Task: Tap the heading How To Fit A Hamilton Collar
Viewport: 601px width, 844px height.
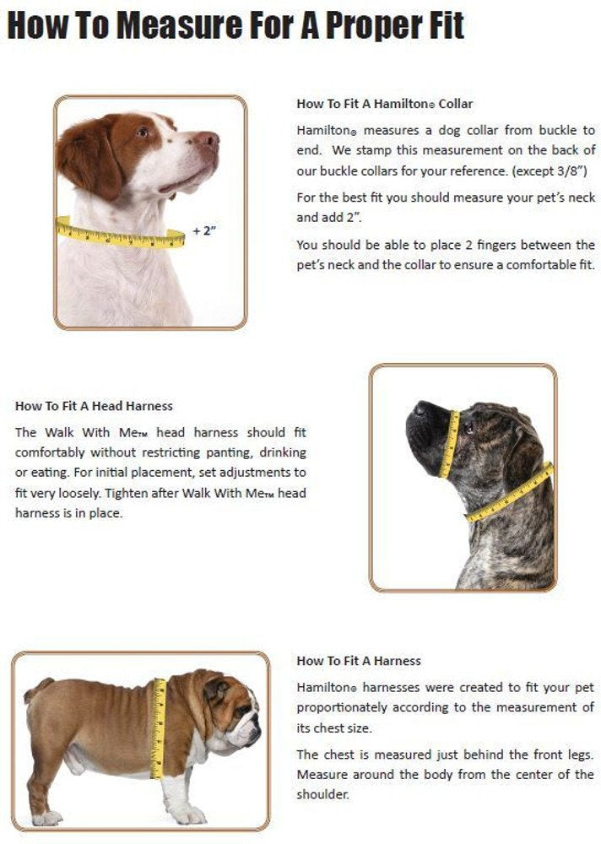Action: (384, 104)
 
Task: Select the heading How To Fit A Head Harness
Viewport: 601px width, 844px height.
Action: (94, 406)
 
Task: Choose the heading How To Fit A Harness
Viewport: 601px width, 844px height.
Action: (359, 661)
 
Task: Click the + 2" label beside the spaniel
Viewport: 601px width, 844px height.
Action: (206, 230)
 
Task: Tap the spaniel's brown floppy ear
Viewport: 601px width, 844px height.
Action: (89, 156)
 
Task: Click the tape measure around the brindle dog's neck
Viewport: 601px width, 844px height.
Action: (510, 494)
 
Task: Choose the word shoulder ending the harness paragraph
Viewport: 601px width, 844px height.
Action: (322, 795)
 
